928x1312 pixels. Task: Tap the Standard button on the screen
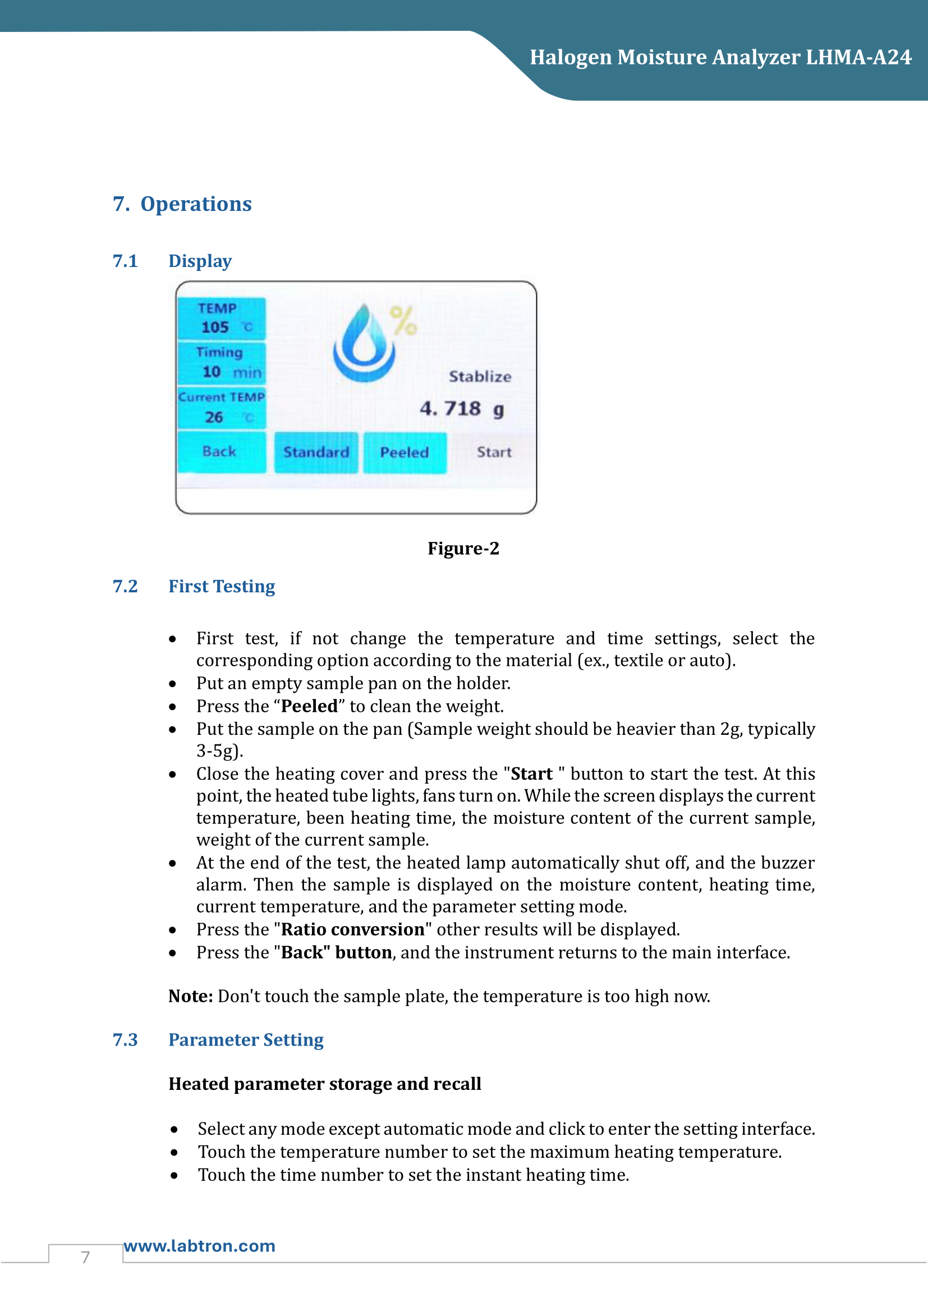[x=316, y=453]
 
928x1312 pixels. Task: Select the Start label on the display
[x=494, y=453]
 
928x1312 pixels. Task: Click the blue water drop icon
[x=364, y=344]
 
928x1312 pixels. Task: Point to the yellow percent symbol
[x=403, y=321]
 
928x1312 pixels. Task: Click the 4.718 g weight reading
[x=462, y=409]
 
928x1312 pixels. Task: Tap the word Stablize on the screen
[x=479, y=376]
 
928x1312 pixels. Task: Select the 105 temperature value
[x=215, y=328]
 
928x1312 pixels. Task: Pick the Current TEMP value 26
[x=214, y=418]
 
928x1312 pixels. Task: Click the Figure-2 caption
[x=463, y=549]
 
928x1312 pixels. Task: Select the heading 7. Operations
[x=182, y=204]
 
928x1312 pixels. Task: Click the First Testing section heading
[x=222, y=587]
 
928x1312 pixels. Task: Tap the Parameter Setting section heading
[x=246, y=1040]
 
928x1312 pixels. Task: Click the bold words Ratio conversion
[x=352, y=929]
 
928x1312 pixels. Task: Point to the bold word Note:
[x=191, y=997]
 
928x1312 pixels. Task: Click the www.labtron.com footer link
[x=199, y=1246]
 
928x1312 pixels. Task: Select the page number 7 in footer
[x=86, y=1257]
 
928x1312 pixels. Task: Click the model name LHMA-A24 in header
[x=858, y=58]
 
